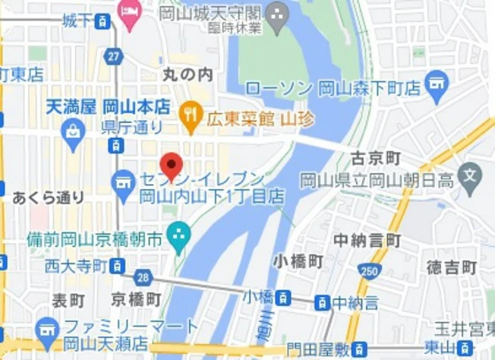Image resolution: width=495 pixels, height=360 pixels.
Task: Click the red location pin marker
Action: pos(171,165)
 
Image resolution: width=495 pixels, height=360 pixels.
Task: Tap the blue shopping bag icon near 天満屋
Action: pos(73,132)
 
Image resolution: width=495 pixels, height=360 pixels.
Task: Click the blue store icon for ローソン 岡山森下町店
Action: pos(437,86)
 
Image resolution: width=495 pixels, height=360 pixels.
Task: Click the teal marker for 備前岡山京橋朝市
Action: pos(179,237)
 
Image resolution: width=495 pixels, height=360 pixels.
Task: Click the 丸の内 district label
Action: pos(188,74)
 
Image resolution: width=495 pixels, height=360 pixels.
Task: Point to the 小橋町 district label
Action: pos(298,261)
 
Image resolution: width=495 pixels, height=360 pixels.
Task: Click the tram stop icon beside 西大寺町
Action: pos(117,265)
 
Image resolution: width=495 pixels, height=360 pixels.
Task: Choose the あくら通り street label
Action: pos(49,197)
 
